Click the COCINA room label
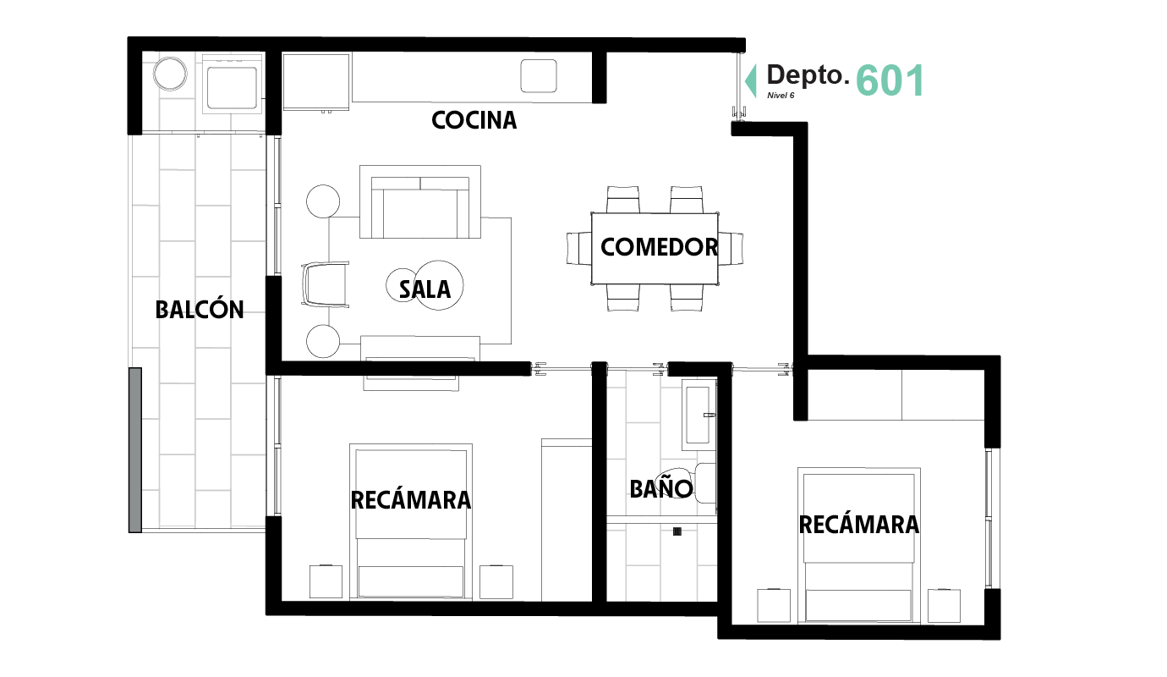click(x=474, y=120)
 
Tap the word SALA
click(x=425, y=289)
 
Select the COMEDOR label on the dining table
click(x=659, y=247)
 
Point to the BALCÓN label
click(x=200, y=310)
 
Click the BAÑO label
click(x=661, y=488)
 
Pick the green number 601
click(x=890, y=80)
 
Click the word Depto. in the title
click(x=808, y=75)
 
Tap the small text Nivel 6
click(x=781, y=96)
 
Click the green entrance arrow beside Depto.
click(x=751, y=80)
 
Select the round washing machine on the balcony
click(x=170, y=74)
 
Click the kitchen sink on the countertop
click(x=539, y=76)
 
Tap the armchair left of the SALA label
click(x=325, y=284)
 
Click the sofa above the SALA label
click(x=420, y=202)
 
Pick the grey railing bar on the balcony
click(x=135, y=449)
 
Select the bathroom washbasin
click(x=699, y=415)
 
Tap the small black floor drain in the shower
click(x=677, y=531)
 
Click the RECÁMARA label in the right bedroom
click(x=858, y=525)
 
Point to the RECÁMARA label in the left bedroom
click(x=410, y=500)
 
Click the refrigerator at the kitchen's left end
click(x=315, y=81)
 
